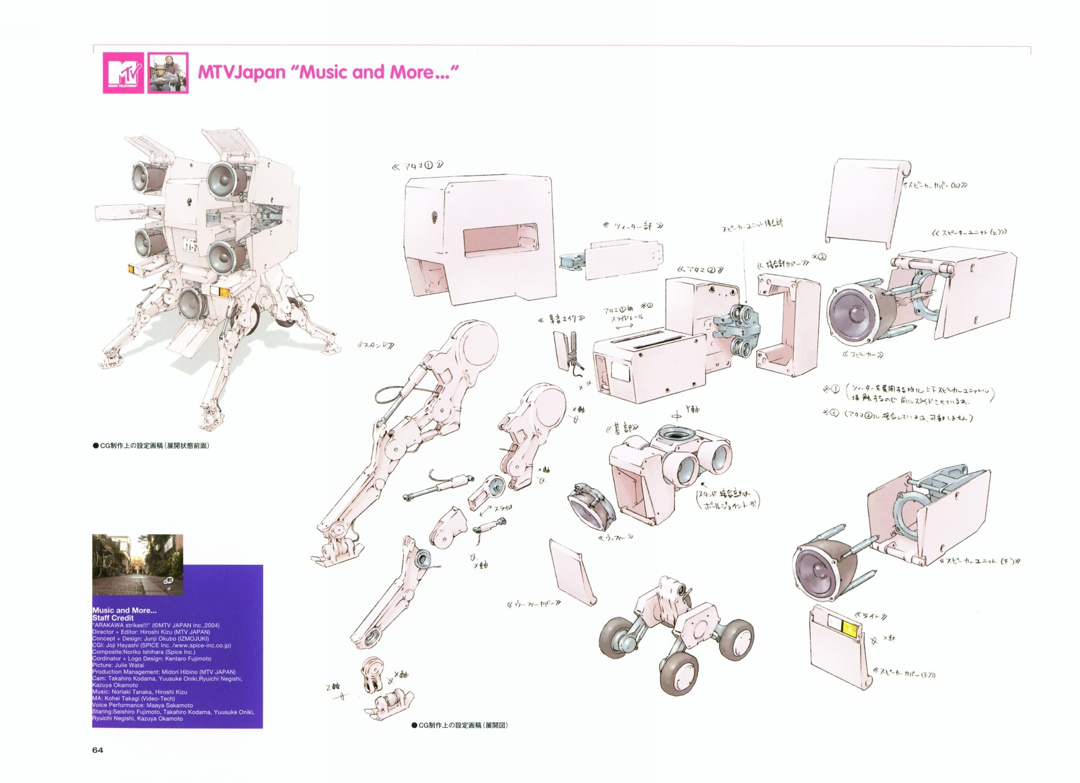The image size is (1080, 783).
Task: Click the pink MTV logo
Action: pyautogui.click(x=123, y=73)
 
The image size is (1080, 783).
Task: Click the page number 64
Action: pyautogui.click(x=97, y=750)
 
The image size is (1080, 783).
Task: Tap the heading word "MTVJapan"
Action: pyautogui.click(x=241, y=73)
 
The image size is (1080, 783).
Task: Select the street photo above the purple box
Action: pyautogui.click(x=137, y=564)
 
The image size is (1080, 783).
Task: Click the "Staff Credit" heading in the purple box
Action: pyautogui.click(x=113, y=617)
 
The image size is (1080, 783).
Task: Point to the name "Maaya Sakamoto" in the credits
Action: pyautogui.click(x=169, y=705)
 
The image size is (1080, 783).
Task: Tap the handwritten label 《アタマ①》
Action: pyautogui.click(x=417, y=166)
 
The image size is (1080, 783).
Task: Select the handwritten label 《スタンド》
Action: pyautogui.click(x=376, y=345)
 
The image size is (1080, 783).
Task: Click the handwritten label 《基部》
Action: pyautogui.click(x=622, y=428)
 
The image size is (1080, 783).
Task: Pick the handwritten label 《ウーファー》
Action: pyautogui.click(x=616, y=537)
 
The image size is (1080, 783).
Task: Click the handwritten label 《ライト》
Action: pyautogui.click(x=871, y=616)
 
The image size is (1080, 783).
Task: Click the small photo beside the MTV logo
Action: pyautogui.click(x=168, y=73)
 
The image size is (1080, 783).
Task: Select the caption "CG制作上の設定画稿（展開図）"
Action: pyautogui.click(x=460, y=725)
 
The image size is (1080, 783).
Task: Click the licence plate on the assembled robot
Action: pyautogui.click(x=191, y=245)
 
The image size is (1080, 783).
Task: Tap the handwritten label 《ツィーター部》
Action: pyautogui.click(x=633, y=226)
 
